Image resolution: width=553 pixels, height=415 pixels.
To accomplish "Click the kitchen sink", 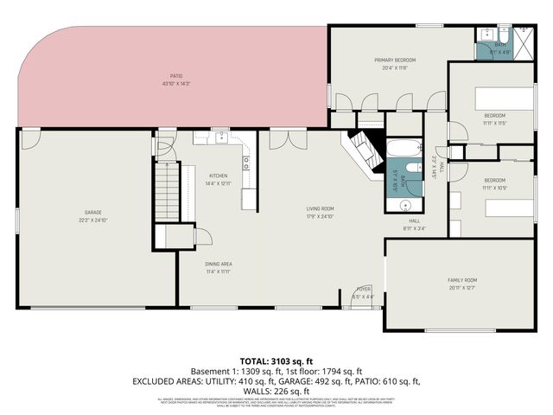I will [x=222, y=137].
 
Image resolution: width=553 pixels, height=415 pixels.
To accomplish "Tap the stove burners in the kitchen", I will [x=247, y=161].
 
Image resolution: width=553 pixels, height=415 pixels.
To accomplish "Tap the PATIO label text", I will [x=175, y=76].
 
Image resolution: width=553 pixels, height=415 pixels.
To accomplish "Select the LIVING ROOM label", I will [x=320, y=208].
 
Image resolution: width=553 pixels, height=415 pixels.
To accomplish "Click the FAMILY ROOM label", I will [x=462, y=280].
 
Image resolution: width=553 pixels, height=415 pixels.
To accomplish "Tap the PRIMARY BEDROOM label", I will [x=395, y=60].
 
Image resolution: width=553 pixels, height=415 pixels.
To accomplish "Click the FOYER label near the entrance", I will [x=364, y=289].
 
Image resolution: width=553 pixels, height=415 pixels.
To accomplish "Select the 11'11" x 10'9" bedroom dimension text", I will [x=494, y=188].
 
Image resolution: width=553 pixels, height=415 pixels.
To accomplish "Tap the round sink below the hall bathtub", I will [x=405, y=206].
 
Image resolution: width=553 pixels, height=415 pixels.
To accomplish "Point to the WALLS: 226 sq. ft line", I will [x=276, y=391].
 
